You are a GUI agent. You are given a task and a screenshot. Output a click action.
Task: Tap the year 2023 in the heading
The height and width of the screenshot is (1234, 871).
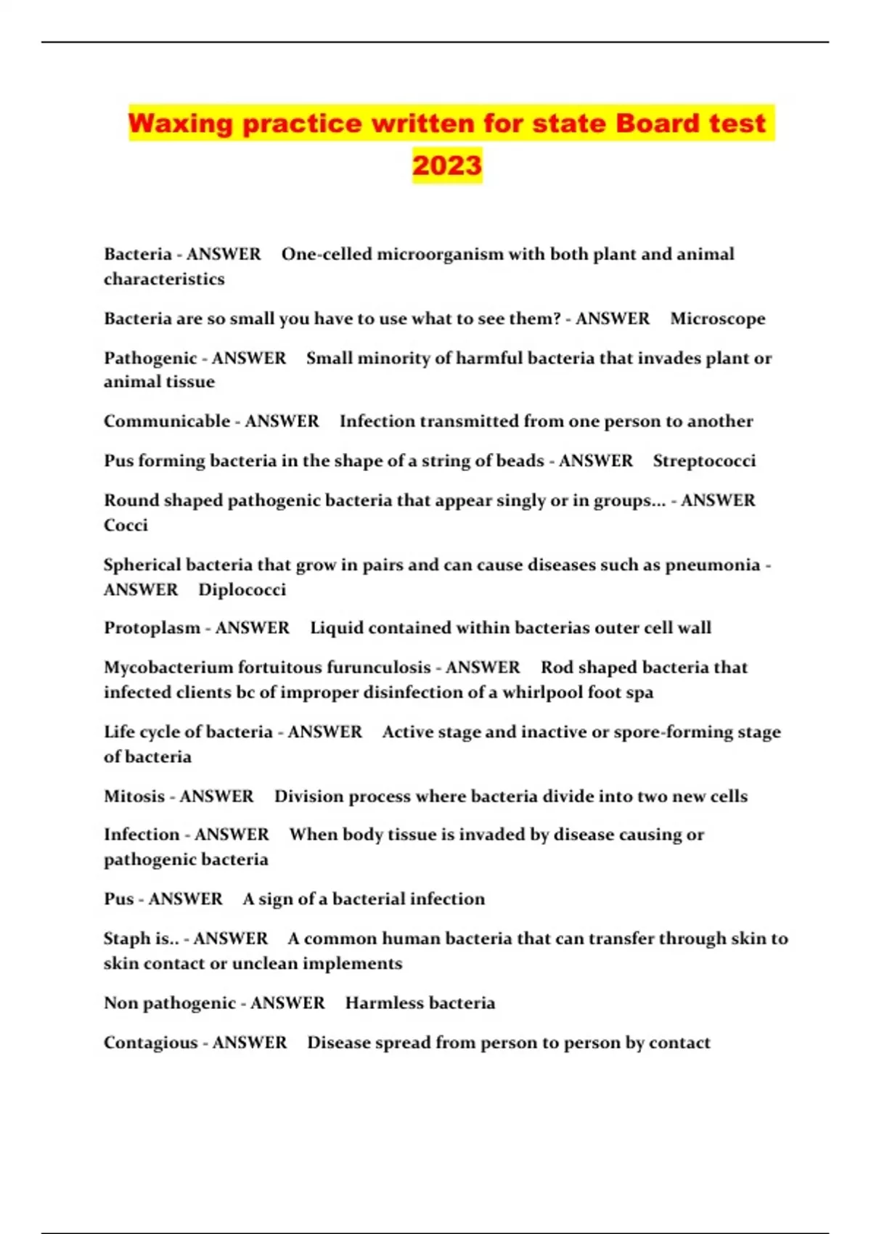[x=447, y=166]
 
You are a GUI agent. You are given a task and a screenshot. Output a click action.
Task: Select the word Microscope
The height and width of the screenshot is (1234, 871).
[x=717, y=319]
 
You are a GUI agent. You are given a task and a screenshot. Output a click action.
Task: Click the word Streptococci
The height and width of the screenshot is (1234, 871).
[x=704, y=461]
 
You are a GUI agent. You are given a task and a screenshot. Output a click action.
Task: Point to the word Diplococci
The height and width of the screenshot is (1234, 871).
[x=242, y=589]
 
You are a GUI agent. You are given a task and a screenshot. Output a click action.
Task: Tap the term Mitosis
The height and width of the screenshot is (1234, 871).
[x=134, y=796]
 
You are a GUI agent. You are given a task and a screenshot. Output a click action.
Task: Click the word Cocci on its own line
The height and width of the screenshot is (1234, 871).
[x=126, y=526]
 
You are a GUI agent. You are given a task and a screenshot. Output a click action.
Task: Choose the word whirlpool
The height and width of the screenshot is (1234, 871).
[x=542, y=692]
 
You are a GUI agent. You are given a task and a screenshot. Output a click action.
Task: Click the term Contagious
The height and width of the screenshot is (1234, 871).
[x=150, y=1043]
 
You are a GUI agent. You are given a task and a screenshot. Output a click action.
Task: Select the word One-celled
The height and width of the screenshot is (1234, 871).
[x=324, y=254]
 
